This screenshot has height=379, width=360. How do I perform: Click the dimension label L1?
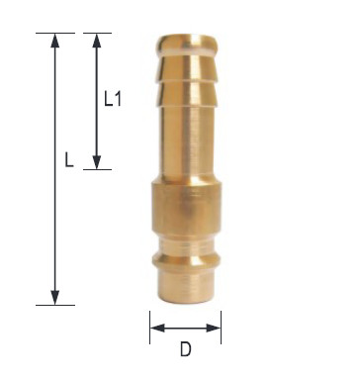pos(113,99)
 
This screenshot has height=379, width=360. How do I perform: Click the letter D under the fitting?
pos(186,349)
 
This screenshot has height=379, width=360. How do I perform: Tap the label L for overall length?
pos(68,159)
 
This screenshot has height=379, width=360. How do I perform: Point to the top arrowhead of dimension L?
pos(55,41)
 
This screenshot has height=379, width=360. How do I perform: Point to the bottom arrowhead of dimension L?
pos(55,298)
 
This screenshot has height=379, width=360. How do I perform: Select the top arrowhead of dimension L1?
pos(97,41)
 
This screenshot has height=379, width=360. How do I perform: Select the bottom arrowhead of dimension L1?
pos(97,162)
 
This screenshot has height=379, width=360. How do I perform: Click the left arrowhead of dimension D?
pos(157,328)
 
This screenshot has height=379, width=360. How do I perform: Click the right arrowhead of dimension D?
pos(214,328)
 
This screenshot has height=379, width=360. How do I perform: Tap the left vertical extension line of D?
pos(150,328)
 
